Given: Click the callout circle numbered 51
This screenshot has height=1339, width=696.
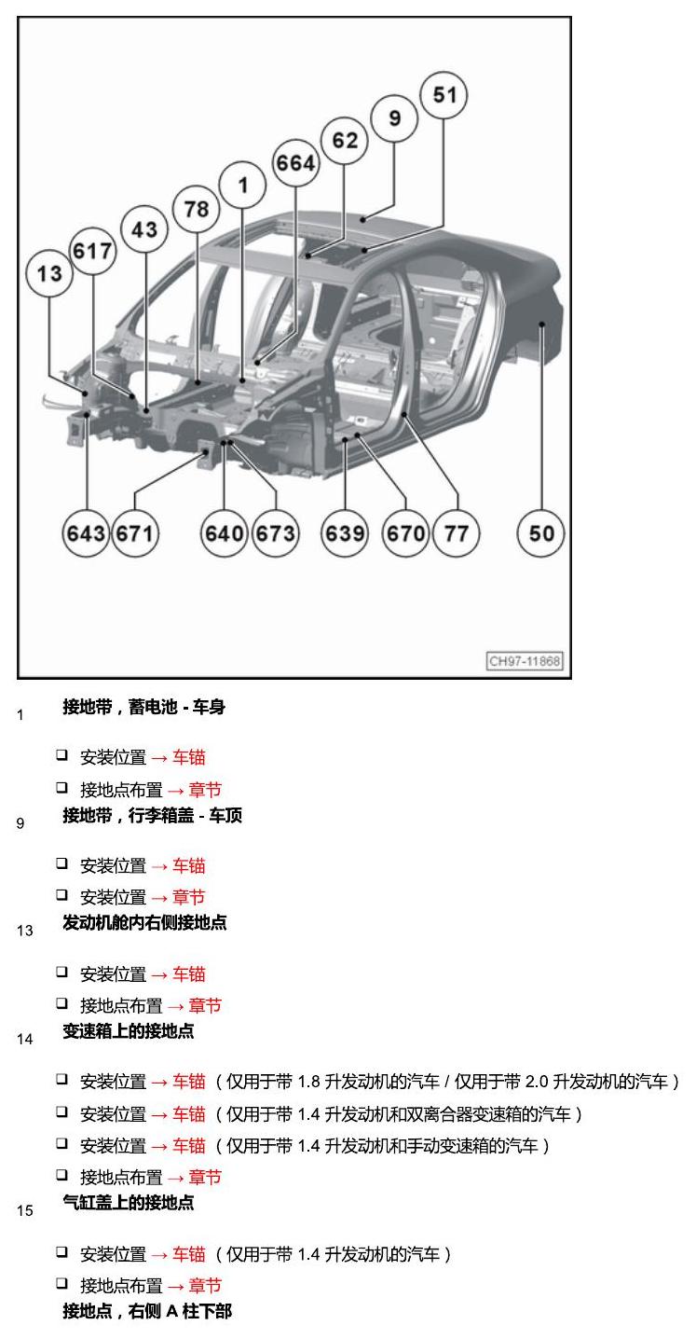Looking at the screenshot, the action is (444, 95).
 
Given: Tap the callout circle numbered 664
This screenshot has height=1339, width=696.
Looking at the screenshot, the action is (295, 162).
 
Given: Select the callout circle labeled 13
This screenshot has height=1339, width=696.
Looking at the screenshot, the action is (49, 273).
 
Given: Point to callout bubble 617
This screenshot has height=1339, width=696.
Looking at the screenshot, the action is (92, 251).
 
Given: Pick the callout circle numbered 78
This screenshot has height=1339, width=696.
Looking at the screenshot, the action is (197, 209).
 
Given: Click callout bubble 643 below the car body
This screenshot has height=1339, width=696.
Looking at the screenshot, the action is (86, 532).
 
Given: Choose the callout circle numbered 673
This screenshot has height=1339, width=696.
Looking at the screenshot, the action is (276, 532).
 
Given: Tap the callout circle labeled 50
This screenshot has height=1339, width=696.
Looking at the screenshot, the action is (541, 532).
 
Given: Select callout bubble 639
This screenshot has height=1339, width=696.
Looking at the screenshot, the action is (345, 532).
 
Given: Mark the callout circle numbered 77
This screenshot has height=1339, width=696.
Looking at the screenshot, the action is (457, 532).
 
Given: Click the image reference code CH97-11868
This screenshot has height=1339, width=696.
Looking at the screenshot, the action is (525, 660).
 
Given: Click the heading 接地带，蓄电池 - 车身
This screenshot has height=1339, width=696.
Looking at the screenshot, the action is (144, 707).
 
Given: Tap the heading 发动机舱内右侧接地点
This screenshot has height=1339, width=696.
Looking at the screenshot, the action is (144, 922).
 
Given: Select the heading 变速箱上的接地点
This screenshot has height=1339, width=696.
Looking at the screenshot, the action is (129, 1031).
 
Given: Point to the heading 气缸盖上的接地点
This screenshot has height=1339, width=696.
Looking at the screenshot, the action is (129, 1203).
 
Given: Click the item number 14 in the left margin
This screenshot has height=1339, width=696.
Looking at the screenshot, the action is (25, 1040).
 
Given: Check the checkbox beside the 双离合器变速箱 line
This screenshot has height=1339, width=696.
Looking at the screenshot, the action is (61, 1111).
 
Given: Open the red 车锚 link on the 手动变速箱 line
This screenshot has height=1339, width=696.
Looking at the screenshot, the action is (189, 1146).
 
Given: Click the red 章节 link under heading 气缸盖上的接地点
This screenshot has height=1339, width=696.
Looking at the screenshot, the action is (205, 1286).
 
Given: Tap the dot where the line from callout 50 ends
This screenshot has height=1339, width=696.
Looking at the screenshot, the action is (542, 324).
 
